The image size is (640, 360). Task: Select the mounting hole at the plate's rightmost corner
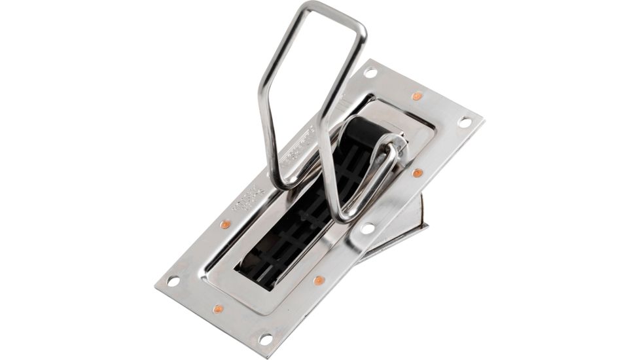click(x=464, y=122)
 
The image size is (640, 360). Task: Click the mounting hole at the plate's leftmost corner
click(x=173, y=281)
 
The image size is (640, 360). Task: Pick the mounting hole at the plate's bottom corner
click(x=266, y=338)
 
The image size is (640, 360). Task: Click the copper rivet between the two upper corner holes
click(x=417, y=96)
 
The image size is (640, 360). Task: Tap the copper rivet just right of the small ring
click(x=417, y=173)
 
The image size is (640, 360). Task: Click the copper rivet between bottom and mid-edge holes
click(x=319, y=281)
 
